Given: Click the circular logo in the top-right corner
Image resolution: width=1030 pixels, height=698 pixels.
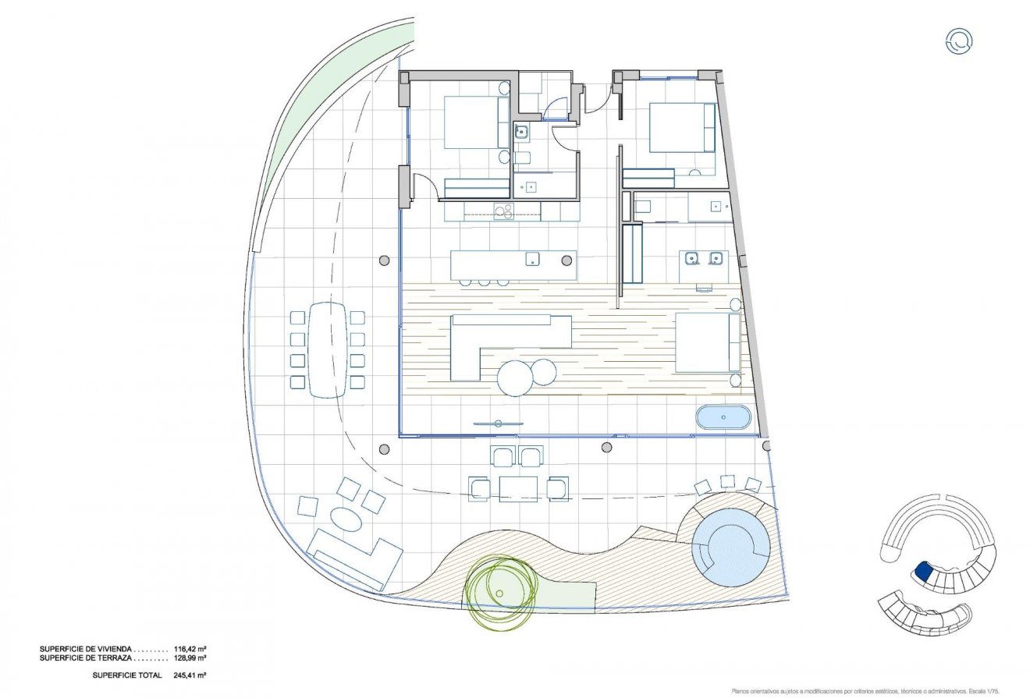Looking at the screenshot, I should (x=958, y=41).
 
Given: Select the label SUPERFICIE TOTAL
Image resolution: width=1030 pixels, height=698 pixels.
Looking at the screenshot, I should (x=126, y=675).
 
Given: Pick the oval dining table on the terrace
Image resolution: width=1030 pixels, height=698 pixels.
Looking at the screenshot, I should (x=327, y=349).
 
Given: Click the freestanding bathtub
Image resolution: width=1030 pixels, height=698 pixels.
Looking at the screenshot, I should (x=723, y=417).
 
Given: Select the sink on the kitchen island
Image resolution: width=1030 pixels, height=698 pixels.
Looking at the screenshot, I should (x=534, y=259).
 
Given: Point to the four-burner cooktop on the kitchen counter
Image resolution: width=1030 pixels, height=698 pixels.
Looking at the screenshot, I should (x=504, y=211).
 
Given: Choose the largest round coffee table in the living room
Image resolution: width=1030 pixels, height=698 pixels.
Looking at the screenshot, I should (x=514, y=378).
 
